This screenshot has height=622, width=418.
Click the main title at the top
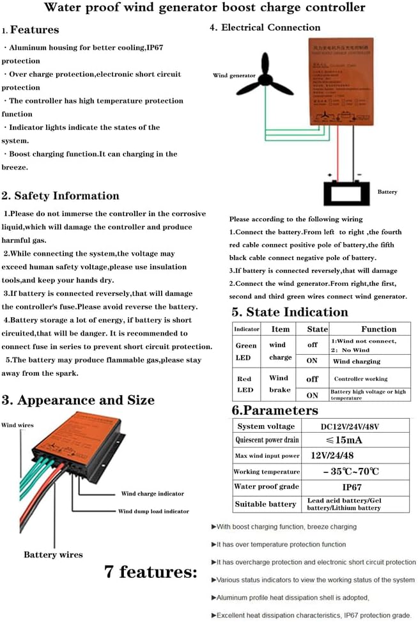[205, 8]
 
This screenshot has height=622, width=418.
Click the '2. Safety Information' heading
[61, 196]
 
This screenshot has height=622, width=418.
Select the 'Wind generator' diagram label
[234, 75]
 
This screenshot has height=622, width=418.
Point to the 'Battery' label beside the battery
[387, 192]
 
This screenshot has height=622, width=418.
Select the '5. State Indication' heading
[290, 312]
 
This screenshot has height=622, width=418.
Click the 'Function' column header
[378, 329]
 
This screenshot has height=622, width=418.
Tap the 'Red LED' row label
[245, 384]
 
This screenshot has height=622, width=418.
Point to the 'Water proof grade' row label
[266, 487]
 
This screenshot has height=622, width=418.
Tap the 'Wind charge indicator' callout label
[152, 494]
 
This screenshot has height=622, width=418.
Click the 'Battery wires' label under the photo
[53, 554]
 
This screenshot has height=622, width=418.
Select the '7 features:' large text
[151, 571]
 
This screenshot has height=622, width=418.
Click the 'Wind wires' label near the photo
[17, 425]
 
